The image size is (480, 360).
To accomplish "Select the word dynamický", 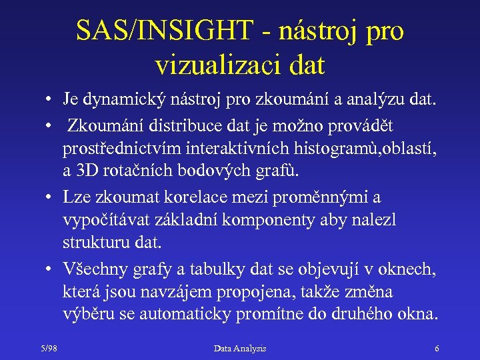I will pyautogui.click(x=125, y=101).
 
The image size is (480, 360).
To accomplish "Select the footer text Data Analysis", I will pyautogui.click(x=240, y=348).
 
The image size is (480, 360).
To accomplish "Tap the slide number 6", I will pyautogui.click(x=436, y=348).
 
